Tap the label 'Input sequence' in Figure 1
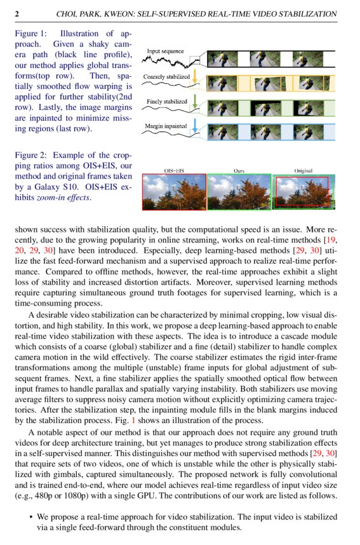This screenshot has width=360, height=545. tap(165, 51)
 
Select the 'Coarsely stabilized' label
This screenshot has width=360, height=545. tap(166, 76)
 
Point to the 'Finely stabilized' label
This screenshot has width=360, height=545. tap(166, 101)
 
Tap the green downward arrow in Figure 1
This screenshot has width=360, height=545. tap(196, 102)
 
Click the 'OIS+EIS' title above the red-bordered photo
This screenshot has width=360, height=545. tap(174, 170)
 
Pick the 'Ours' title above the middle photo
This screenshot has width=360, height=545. tap(239, 170)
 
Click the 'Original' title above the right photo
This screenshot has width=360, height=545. tap(304, 170)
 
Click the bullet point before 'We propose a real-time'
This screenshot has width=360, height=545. tap(30, 517)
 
